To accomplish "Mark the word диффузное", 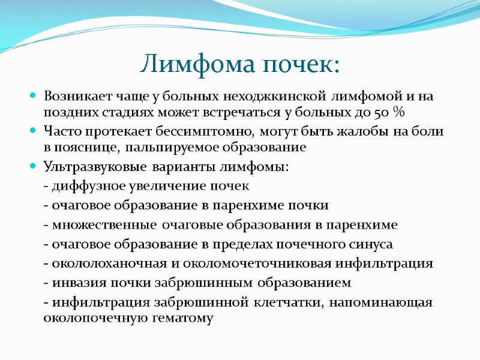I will pyautogui.click(x=83, y=186).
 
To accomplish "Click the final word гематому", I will pyautogui.click(x=185, y=318).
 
